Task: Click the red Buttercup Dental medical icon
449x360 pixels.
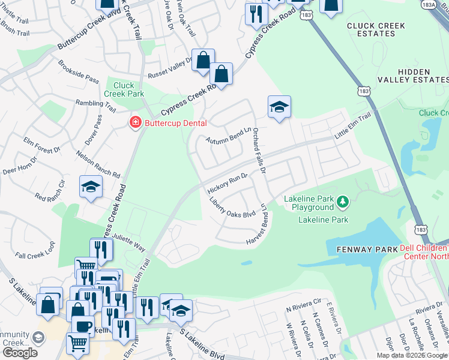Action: click(x=136, y=123)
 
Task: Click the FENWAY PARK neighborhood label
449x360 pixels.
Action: click(x=363, y=249)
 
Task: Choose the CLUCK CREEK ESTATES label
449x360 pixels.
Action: click(x=375, y=30)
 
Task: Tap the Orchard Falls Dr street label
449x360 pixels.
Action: click(x=259, y=151)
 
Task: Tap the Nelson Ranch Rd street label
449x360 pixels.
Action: click(x=98, y=164)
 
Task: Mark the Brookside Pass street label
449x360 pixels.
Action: click(x=79, y=71)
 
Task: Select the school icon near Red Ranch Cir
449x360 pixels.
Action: click(x=91, y=187)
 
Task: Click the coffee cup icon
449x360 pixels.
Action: click(x=83, y=326)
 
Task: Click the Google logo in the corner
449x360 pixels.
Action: click(x=20, y=353)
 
